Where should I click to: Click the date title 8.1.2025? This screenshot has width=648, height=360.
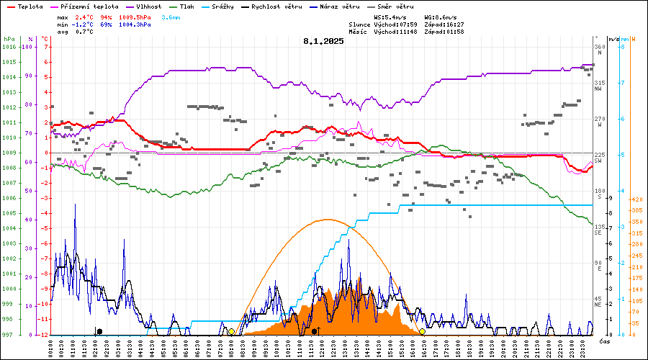click(x=323, y=41)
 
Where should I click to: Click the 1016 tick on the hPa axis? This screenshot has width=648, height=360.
click(x=9, y=47)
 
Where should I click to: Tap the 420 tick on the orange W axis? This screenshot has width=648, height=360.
click(x=636, y=199)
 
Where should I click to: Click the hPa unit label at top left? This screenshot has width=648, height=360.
click(x=8, y=39)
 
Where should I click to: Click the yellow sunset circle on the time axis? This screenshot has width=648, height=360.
click(x=422, y=331)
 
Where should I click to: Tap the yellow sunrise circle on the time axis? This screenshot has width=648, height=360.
click(x=231, y=331)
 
